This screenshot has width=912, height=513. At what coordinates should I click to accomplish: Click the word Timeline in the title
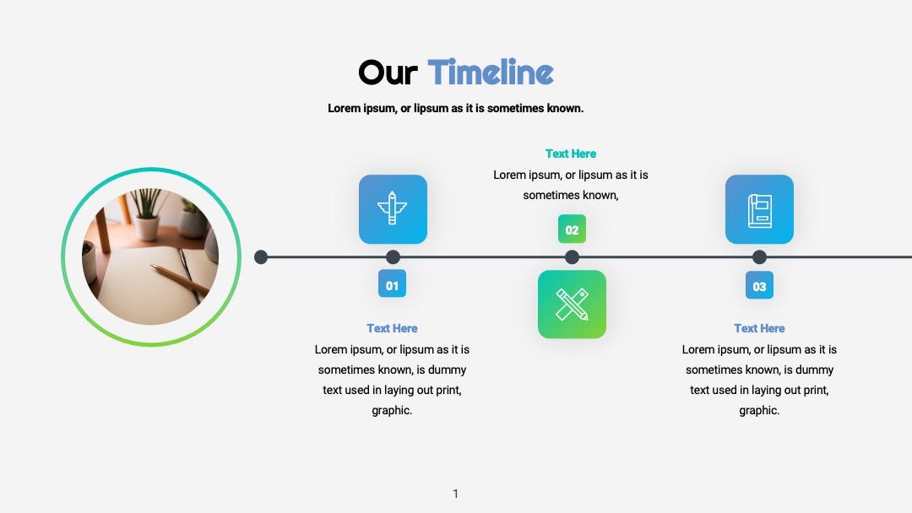tap(491, 72)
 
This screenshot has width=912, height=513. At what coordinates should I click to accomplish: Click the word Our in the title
tap(388, 73)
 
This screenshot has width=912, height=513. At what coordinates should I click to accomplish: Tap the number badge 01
tap(392, 283)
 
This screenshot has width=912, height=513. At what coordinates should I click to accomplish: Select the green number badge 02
tap(572, 229)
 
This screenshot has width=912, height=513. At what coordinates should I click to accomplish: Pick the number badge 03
tap(759, 284)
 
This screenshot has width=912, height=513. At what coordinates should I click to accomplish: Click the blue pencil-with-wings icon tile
tap(393, 209)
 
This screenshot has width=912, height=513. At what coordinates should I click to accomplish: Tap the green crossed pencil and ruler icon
tap(572, 305)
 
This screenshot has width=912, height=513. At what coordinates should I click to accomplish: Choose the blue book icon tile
tap(759, 209)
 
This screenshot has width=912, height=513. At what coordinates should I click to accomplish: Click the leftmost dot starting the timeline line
tap(261, 256)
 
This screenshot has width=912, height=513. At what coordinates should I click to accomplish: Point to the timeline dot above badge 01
tap(393, 256)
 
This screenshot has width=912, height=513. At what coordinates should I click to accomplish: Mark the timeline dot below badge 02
tap(572, 256)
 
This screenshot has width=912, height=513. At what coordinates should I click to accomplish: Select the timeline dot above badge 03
tap(759, 256)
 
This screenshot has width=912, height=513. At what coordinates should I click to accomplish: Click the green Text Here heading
tap(571, 154)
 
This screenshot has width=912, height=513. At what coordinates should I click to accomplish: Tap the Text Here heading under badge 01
tap(392, 328)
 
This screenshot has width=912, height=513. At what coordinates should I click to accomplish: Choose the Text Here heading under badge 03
tap(759, 328)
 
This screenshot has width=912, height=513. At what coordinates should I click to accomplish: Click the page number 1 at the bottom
tap(455, 494)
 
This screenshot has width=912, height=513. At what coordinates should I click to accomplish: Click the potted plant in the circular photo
tap(145, 212)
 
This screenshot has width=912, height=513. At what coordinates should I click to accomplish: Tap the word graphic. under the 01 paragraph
tap(392, 411)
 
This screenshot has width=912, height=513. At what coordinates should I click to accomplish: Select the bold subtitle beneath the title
tap(455, 109)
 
